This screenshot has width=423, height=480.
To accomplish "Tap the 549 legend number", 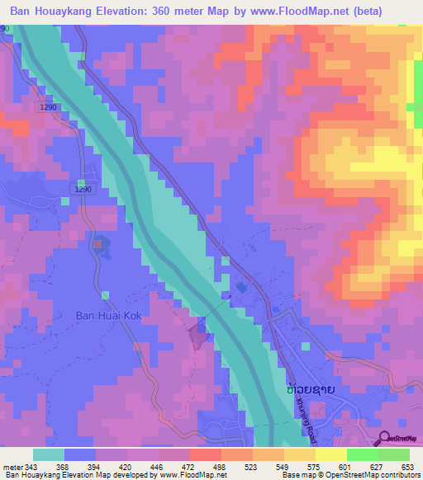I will (283, 467).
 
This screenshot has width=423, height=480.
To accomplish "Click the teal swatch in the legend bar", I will (49, 454).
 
